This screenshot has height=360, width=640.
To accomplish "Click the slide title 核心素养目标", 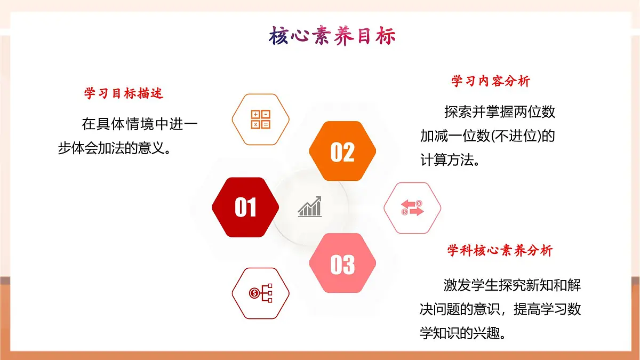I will [332, 37].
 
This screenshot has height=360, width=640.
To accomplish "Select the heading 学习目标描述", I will [124, 94].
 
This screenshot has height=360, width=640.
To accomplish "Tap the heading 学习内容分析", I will [491, 82].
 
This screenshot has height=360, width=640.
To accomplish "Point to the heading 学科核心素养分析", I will [500, 251].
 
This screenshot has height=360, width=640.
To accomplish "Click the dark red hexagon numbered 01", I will [245, 207].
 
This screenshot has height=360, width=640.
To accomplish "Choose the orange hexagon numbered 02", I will [342, 152].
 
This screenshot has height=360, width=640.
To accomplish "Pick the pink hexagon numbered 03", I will [342, 264].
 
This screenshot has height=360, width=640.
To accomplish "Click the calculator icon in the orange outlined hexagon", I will [261, 119].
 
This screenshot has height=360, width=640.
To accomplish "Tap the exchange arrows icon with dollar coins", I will [412, 208].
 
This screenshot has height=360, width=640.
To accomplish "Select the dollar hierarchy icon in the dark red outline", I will [260, 293].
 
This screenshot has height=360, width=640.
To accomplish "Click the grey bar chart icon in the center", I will [310, 207].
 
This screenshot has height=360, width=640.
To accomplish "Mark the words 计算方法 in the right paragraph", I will [445, 159].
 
